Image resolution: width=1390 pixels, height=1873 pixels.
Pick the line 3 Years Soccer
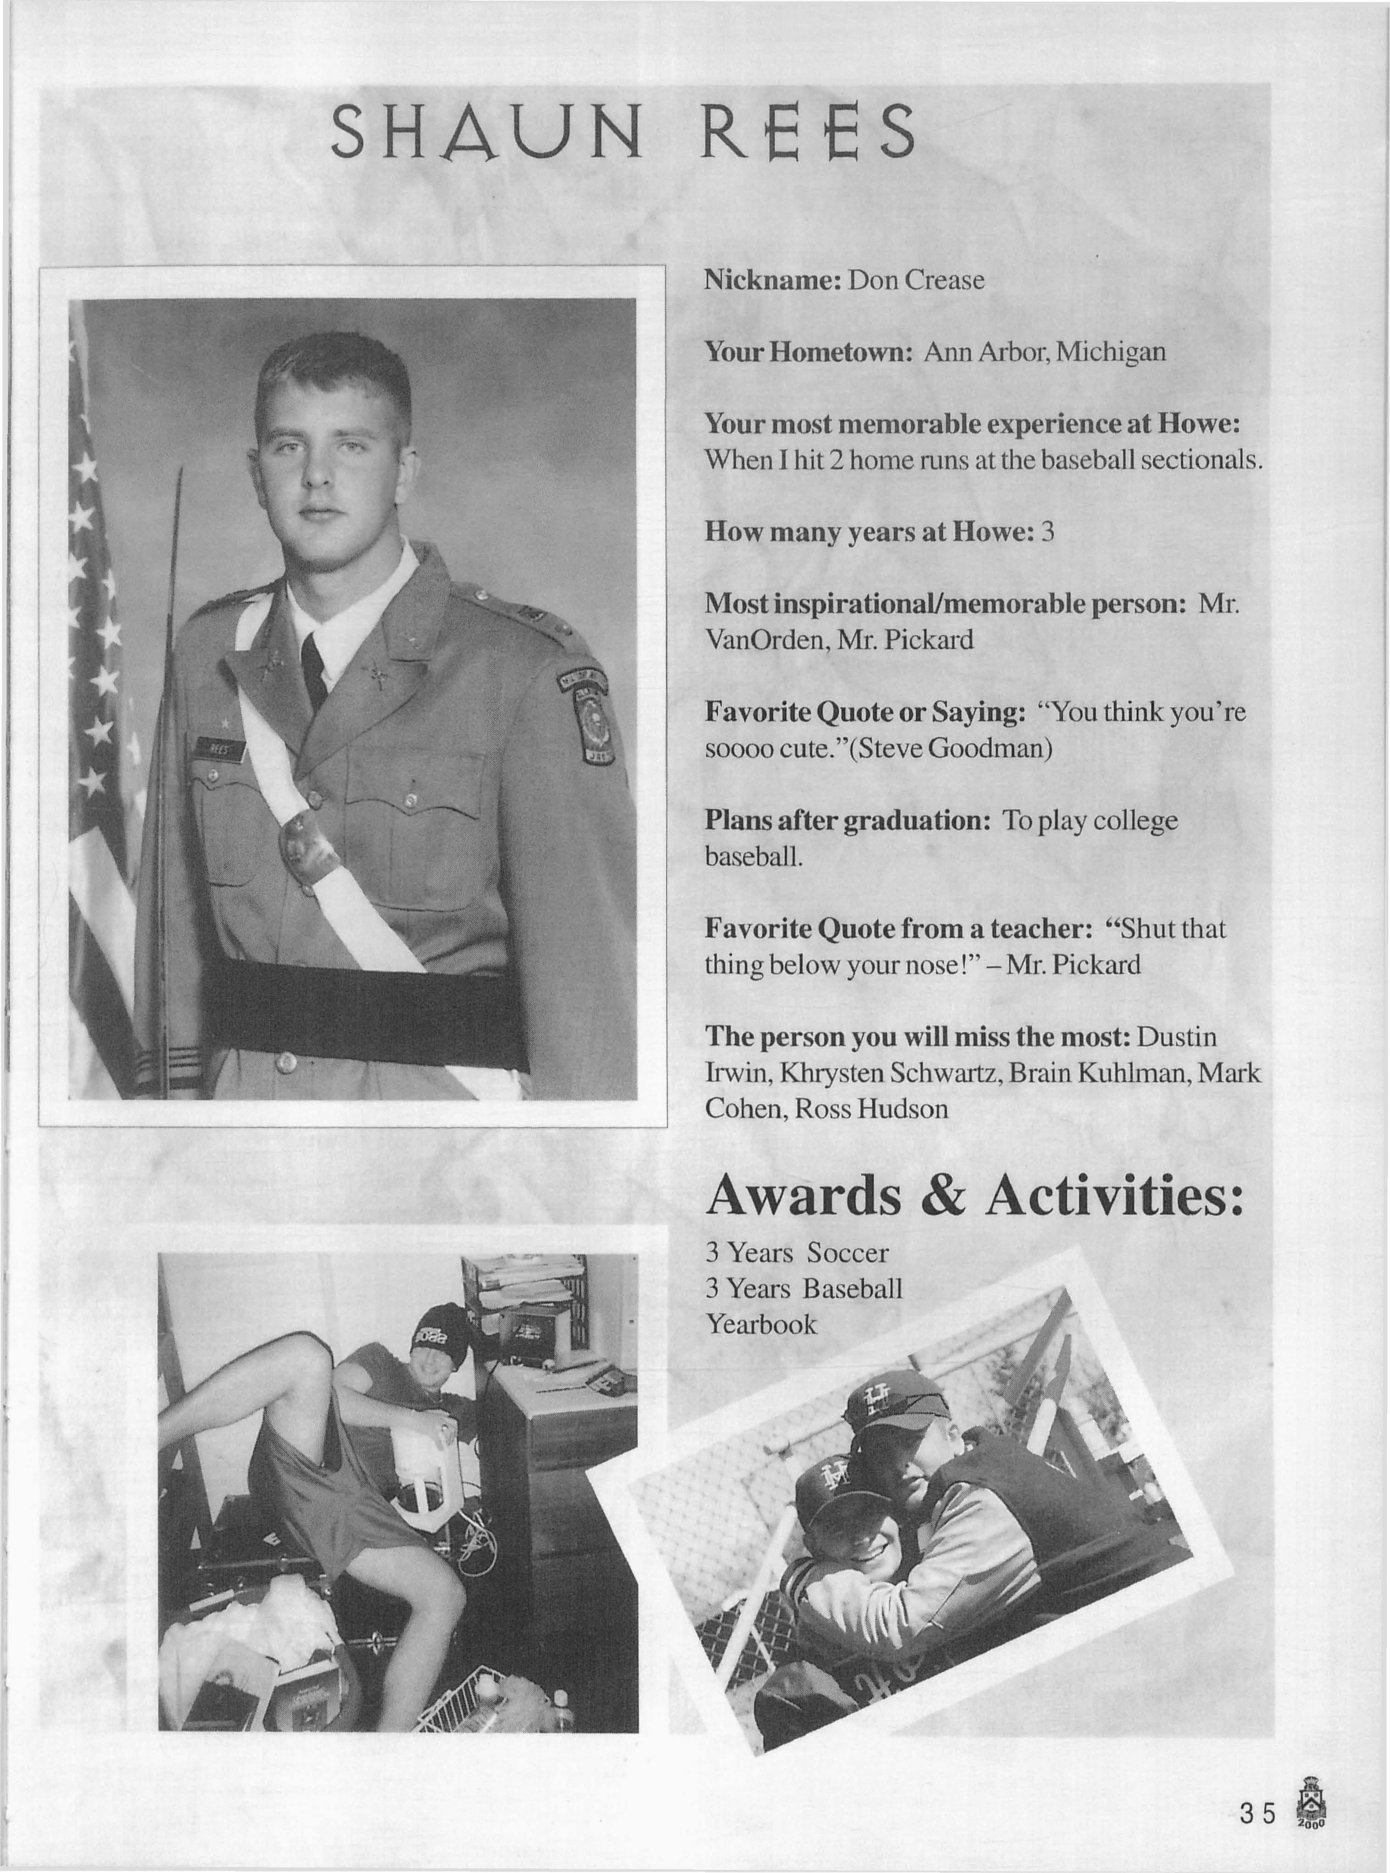pos(796,1253)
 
